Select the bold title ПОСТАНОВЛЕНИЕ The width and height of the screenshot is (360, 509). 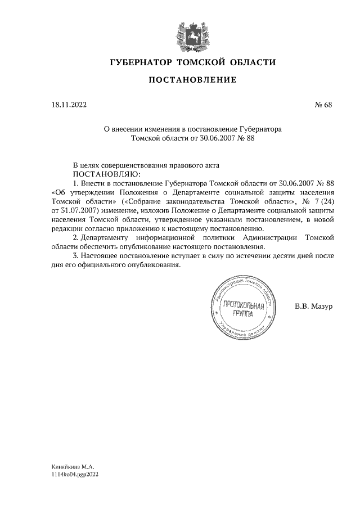[192, 80]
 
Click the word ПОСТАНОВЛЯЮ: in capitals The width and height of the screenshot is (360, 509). [106, 174]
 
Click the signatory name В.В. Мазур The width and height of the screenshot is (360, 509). [314, 307]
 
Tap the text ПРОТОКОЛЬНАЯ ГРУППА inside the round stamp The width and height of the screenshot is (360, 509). [244, 309]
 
